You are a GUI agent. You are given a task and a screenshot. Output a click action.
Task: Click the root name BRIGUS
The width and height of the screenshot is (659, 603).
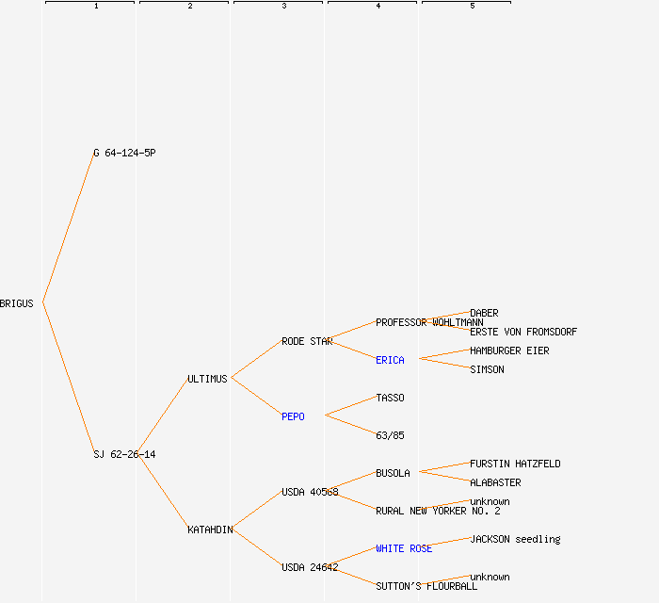pos(17,303)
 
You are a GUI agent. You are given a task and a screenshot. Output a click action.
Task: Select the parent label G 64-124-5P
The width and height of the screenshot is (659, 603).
pos(124,153)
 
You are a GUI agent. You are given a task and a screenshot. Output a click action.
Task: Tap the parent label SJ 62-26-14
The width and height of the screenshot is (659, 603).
pos(124,454)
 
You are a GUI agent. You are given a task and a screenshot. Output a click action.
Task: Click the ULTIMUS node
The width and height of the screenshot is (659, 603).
pos(207,379)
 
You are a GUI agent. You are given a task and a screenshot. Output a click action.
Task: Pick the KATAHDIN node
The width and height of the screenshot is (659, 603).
pos(210,530)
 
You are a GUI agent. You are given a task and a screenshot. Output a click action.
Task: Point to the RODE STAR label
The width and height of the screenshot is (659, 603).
pos(307,341)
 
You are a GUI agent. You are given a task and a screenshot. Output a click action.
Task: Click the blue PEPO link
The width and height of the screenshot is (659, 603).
pos(293,416)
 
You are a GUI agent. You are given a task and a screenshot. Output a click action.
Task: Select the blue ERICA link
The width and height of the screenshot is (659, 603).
pos(390,360)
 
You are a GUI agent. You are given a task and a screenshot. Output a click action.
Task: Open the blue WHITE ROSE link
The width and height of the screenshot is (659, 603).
pos(404,548)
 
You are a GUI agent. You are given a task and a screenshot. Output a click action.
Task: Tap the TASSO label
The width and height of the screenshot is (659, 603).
pos(390,398)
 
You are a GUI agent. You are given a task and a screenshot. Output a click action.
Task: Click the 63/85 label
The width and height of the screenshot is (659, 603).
pos(390,435)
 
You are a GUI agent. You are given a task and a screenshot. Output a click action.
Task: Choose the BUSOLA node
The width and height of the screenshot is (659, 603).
pos(393,473)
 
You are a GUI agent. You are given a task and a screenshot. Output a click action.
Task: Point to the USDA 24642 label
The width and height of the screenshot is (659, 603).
pos(310,567)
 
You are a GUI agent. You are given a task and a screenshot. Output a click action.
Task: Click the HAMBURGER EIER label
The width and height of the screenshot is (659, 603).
pos(509,350)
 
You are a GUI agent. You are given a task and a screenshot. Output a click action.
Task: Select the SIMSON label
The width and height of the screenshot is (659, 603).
pos(487,369)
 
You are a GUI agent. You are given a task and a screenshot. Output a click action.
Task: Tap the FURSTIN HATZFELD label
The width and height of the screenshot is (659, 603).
pos(515,464)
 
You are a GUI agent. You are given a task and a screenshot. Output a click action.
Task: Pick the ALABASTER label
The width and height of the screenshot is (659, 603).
pos(495,482)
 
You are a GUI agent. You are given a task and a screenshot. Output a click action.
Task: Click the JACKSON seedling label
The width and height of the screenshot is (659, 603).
pos(515,539)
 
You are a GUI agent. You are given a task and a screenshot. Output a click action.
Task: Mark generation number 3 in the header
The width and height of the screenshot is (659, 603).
pos(284,7)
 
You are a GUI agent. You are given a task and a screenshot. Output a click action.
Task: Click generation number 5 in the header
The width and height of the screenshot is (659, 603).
pos(473,7)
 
